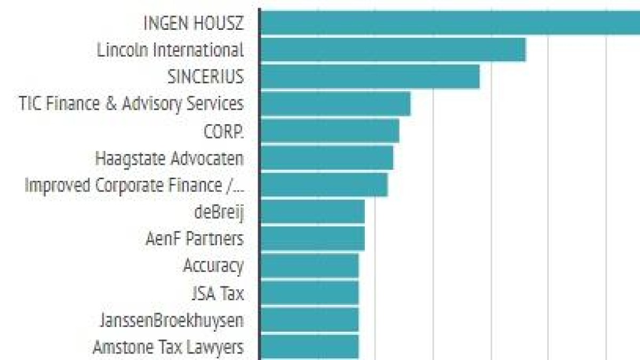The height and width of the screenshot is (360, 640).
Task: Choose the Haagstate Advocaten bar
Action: tap(326, 158)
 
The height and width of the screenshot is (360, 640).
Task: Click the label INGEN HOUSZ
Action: tap(194, 23)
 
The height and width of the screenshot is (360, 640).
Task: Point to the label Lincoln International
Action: tap(170, 50)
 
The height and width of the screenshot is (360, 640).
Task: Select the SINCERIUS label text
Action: tap(205, 77)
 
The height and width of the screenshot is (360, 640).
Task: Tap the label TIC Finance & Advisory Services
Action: tap(131, 103)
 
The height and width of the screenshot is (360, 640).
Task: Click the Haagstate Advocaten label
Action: tap(169, 158)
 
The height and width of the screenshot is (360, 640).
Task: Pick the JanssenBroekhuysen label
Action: tap(171, 320)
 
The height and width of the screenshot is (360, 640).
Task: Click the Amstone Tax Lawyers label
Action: tap(168, 347)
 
